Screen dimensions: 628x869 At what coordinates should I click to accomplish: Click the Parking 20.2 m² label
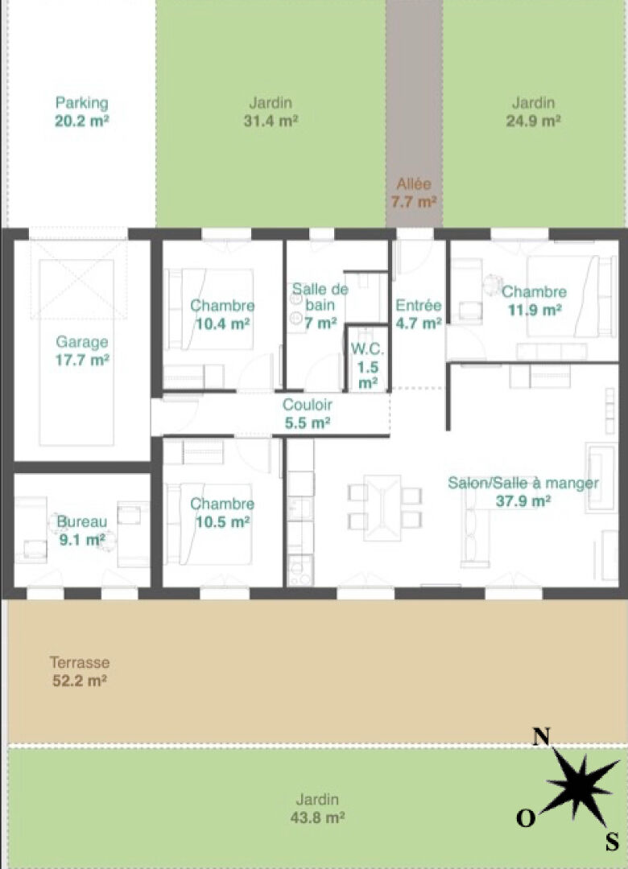[x=81, y=111]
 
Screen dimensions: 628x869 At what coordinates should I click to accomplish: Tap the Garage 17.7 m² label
[x=81, y=351]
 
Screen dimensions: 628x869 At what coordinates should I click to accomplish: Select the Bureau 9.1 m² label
[x=81, y=530]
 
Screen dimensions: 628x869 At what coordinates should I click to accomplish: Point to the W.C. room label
[x=367, y=366]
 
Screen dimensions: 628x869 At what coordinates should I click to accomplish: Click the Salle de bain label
[x=320, y=305]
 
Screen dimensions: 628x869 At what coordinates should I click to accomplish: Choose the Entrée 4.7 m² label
[x=419, y=314]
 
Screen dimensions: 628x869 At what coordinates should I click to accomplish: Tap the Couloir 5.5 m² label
[x=308, y=414]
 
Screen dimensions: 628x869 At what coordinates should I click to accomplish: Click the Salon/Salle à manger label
[x=523, y=492]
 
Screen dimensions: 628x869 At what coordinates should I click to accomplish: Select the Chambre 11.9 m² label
[x=535, y=300]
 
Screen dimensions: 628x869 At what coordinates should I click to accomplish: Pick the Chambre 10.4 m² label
[x=222, y=315]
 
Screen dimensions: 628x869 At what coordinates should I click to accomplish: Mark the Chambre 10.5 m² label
[x=222, y=513]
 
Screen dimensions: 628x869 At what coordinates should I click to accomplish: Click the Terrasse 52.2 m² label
[x=80, y=671]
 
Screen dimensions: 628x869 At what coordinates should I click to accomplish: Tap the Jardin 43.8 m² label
[x=317, y=808]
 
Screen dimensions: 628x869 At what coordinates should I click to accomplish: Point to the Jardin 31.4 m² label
[x=271, y=111]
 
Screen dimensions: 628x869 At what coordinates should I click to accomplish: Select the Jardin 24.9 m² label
[x=533, y=111]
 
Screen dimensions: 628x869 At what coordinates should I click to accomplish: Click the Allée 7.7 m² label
[x=413, y=192]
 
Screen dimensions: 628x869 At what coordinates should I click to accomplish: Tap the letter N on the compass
[x=542, y=736]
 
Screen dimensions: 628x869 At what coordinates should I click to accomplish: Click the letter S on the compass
[x=612, y=842]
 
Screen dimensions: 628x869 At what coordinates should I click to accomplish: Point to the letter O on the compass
[x=526, y=818]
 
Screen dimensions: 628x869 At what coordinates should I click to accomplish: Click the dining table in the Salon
[x=382, y=508]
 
